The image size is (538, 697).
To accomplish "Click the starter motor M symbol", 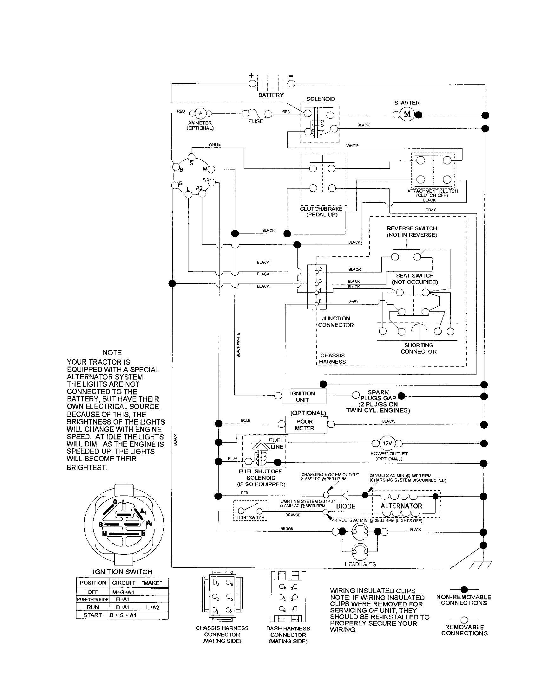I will point(407,114).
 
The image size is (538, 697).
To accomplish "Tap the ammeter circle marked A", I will point(200,113).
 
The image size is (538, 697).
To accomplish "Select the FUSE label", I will point(256,121).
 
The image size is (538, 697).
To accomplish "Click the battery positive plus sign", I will point(252,76).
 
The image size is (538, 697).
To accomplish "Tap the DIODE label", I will point(346,506).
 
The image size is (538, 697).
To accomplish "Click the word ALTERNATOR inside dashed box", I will point(401,506).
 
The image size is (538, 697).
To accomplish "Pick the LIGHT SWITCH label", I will point(251,518).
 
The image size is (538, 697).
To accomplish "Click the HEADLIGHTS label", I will point(360,564).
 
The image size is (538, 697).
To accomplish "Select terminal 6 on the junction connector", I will point(317,304).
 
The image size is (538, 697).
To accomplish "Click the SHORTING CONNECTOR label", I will point(418,348).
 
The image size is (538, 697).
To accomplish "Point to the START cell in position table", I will point(93,615).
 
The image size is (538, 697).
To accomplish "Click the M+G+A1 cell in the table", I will point(123,592).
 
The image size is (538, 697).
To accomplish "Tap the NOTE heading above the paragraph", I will point(112,353).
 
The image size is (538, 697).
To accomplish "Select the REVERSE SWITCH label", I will point(411,231).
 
